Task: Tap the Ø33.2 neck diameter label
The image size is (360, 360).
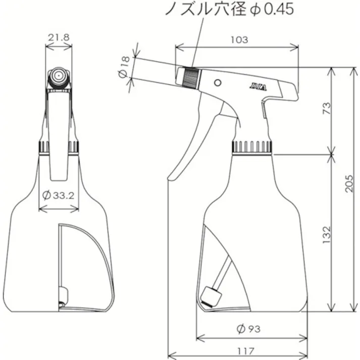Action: point(59,195)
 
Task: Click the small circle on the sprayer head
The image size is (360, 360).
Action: point(218,82)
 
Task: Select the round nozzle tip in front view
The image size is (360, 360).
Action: point(59,77)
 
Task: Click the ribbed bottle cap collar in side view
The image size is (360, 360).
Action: point(252,147)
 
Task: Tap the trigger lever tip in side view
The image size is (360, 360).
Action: point(174,174)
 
